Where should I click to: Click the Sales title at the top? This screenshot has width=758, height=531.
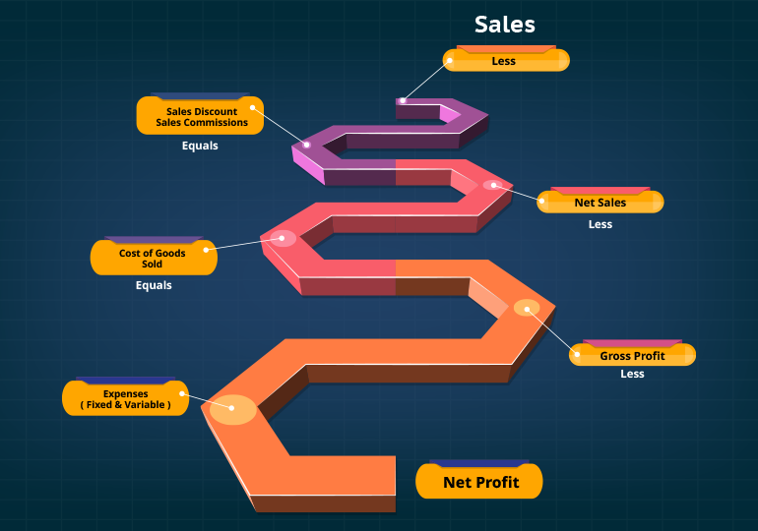pyautogui.click(x=504, y=24)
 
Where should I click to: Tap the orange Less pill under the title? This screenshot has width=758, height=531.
pyautogui.click(x=505, y=61)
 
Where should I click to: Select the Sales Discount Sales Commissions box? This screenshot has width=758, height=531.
pyautogui.click(x=200, y=117)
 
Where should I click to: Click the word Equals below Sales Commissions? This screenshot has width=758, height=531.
pyautogui.click(x=200, y=146)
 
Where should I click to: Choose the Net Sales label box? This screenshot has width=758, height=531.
pyautogui.click(x=600, y=203)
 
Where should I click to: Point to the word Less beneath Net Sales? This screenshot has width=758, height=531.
pyautogui.click(x=600, y=224)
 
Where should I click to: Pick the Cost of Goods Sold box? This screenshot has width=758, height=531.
pyautogui.click(x=153, y=259)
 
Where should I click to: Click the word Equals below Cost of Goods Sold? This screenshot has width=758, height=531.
pyautogui.click(x=154, y=286)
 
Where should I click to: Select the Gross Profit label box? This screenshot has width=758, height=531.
pyautogui.click(x=632, y=356)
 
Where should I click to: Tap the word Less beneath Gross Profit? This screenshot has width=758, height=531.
pyautogui.click(x=632, y=374)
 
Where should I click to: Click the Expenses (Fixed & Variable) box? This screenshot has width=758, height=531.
pyautogui.click(x=125, y=399)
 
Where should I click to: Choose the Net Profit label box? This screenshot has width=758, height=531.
pyautogui.click(x=479, y=482)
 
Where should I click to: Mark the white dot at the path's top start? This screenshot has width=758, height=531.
pyautogui.click(x=403, y=100)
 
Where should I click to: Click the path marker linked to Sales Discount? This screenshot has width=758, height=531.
pyautogui.click(x=306, y=145)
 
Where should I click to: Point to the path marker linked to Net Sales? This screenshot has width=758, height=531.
pyautogui.click(x=490, y=184)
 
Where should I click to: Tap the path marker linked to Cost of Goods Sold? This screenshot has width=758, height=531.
pyautogui.click(x=284, y=238)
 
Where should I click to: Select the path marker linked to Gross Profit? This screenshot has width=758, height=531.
pyautogui.click(x=527, y=308)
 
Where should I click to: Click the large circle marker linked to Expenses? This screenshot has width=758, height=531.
pyautogui.click(x=233, y=408)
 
